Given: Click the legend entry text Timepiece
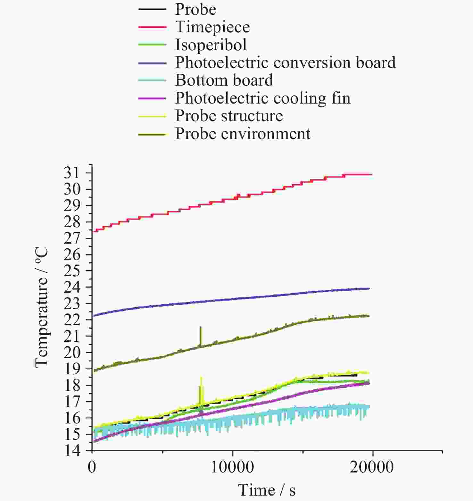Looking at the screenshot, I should pos(212,27).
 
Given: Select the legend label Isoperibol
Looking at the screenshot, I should pos(211,45).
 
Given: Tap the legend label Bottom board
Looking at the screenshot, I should pos(224,80).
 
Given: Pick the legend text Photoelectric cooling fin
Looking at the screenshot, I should pos(263,98).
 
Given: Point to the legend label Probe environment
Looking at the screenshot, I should pos(243,134).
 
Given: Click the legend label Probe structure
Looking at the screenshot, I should pos(229,116).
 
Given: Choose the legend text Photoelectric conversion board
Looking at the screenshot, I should pos(285,63).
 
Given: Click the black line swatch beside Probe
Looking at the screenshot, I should pos(152,9).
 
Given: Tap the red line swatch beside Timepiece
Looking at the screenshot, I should pos(152,27).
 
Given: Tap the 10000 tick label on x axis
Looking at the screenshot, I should pos(232,467).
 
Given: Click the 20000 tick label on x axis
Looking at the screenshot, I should pos(372,467).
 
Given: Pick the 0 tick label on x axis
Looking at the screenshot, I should pos(92,467).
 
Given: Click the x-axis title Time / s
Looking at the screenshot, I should pos(267,490).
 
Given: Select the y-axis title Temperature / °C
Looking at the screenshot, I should pos(42,307).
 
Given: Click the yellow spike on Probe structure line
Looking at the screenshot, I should pos(201,381).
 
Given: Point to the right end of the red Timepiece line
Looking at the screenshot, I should pos(371,174).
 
